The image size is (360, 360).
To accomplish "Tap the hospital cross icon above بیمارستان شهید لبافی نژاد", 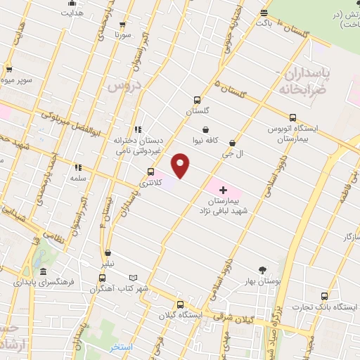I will (224, 190).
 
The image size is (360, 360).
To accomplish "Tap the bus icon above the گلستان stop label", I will (198, 100).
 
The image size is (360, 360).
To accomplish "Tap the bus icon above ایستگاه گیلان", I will (181, 305).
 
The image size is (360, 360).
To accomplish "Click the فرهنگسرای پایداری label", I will (43, 282).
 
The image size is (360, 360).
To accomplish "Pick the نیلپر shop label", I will (106, 263).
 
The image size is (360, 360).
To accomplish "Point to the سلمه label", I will (77, 178).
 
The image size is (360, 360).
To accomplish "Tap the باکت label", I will (264, 23).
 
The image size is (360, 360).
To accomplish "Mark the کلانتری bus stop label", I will (150, 182).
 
